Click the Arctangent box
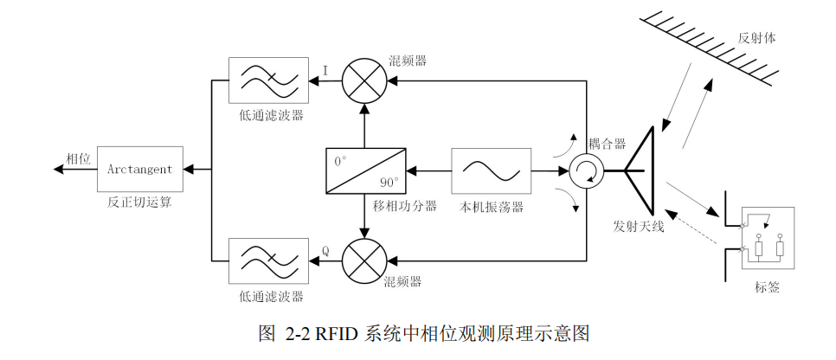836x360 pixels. point(140,170)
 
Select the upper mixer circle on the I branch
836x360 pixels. point(363,82)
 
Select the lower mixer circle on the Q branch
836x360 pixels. point(363,258)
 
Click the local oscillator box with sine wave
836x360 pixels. point(491,170)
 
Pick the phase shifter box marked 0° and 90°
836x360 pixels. point(363,170)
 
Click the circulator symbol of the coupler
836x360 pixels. point(586,170)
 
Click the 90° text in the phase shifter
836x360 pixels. point(389,183)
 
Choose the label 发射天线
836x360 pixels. point(644,227)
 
